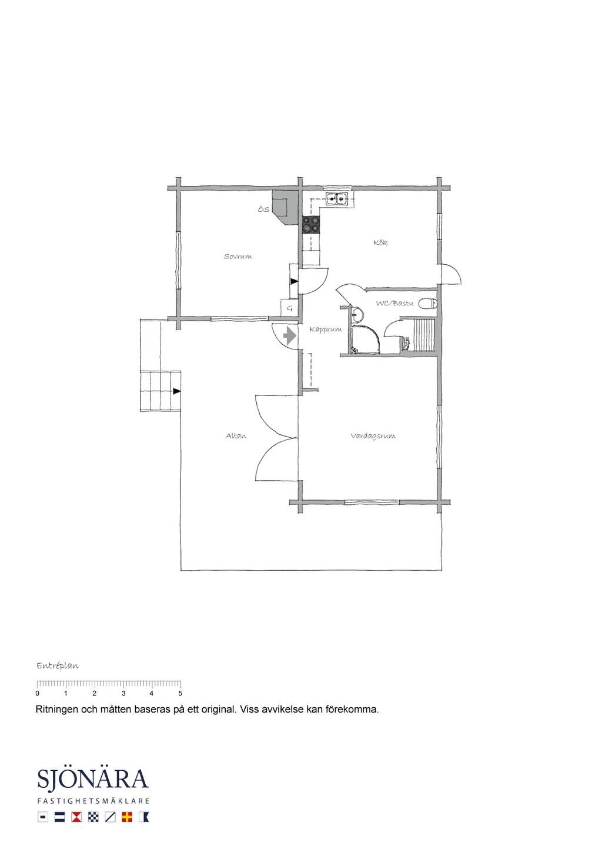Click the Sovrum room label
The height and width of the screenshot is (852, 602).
pos(238,257)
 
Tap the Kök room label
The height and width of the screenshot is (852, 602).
pos(380,242)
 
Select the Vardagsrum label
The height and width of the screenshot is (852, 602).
pos(373,436)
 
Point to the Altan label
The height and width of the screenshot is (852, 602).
pos(236,435)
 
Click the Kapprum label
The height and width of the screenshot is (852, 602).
pos(326,330)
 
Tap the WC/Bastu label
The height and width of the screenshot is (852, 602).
pos(394,303)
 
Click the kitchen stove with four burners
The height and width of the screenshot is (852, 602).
pos(311,224)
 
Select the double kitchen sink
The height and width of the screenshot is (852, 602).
pos(337,198)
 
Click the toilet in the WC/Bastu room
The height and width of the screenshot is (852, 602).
pos(429,304)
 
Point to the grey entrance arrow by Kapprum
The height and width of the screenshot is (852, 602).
pos(290,336)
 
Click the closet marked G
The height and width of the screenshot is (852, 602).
pos(289,308)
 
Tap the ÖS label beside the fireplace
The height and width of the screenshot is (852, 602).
pos(263,209)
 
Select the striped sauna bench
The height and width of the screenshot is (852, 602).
pos(423,335)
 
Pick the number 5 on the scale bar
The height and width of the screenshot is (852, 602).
pos(180,693)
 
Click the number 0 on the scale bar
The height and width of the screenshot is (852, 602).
pos(37,693)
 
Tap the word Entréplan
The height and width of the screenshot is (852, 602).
pos(58,666)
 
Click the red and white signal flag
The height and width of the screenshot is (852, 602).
pos(76,817)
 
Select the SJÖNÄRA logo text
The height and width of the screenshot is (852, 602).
pos(93,779)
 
